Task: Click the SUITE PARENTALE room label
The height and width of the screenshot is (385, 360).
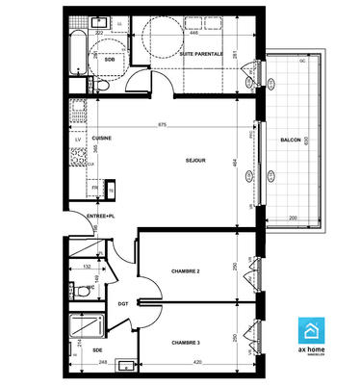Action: click(201, 55)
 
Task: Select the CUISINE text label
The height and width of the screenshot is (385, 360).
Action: click(102, 138)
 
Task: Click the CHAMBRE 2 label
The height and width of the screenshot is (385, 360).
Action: click(185, 271)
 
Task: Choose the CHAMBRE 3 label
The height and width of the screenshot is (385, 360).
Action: click(185, 343)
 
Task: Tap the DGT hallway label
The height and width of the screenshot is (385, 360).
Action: click(123, 304)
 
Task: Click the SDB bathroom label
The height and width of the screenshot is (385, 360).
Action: click(110, 58)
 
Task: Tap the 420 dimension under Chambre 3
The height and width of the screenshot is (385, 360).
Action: click(195, 362)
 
